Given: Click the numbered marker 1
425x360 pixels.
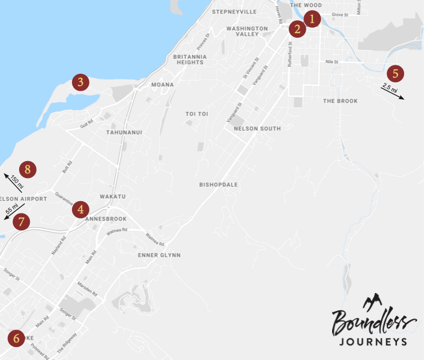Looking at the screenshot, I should coord(312,19).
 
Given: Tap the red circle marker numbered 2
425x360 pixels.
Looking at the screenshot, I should coord(297,29).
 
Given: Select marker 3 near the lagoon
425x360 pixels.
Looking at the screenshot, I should coord(80,82).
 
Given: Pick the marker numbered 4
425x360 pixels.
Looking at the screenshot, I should coord(80,210).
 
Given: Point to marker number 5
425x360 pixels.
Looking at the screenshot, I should coord(395,73).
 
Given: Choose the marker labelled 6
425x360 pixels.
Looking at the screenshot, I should coord(16,339).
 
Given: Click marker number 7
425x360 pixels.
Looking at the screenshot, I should coord(21,222).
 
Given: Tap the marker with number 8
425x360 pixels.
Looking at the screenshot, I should coord(27,169).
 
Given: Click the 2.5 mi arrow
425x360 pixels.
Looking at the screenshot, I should coord(393,92).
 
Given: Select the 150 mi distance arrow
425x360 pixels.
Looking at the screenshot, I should coord(14,183).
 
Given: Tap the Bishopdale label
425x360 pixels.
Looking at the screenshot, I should coord(218,185).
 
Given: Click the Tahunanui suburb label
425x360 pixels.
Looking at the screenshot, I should coord(124,132).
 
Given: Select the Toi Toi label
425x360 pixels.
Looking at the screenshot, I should coord(196,114).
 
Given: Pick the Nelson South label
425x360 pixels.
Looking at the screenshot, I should coord(253,128).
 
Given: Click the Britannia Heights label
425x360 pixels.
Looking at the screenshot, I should coord(190,59).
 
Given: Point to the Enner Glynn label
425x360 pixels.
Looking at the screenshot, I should coord(159,255).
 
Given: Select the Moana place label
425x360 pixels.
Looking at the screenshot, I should coord(163,85).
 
